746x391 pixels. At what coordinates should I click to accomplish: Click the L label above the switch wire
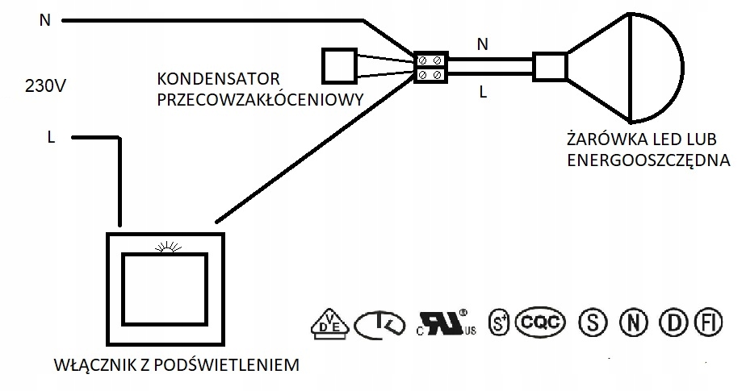[51, 138]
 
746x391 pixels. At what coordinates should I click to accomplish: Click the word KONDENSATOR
[218, 81]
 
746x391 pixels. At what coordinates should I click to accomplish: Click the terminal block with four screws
[430, 68]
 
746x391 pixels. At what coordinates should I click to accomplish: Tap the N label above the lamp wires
[483, 45]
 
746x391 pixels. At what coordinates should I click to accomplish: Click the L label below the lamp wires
[483, 93]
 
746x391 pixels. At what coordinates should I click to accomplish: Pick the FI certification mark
[709, 323]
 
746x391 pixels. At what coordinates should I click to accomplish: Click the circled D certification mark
[672, 323]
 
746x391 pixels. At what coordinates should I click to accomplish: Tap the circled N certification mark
[634, 323]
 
